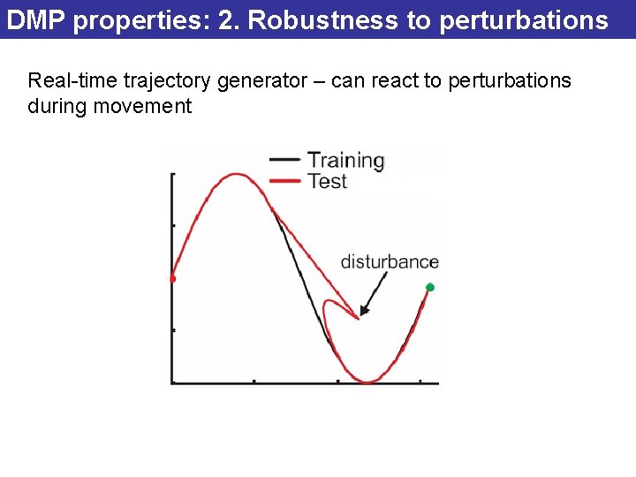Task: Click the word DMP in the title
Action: pos(36,20)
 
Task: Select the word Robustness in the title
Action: pos(324,20)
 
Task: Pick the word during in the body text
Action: pos(52,107)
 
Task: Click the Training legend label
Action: pos(345,161)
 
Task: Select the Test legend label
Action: pos(327,181)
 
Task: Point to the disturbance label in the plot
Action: pos(390,261)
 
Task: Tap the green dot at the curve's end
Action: pos(430,287)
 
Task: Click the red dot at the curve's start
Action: pos(172,278)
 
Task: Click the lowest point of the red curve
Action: pos(367,382)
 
